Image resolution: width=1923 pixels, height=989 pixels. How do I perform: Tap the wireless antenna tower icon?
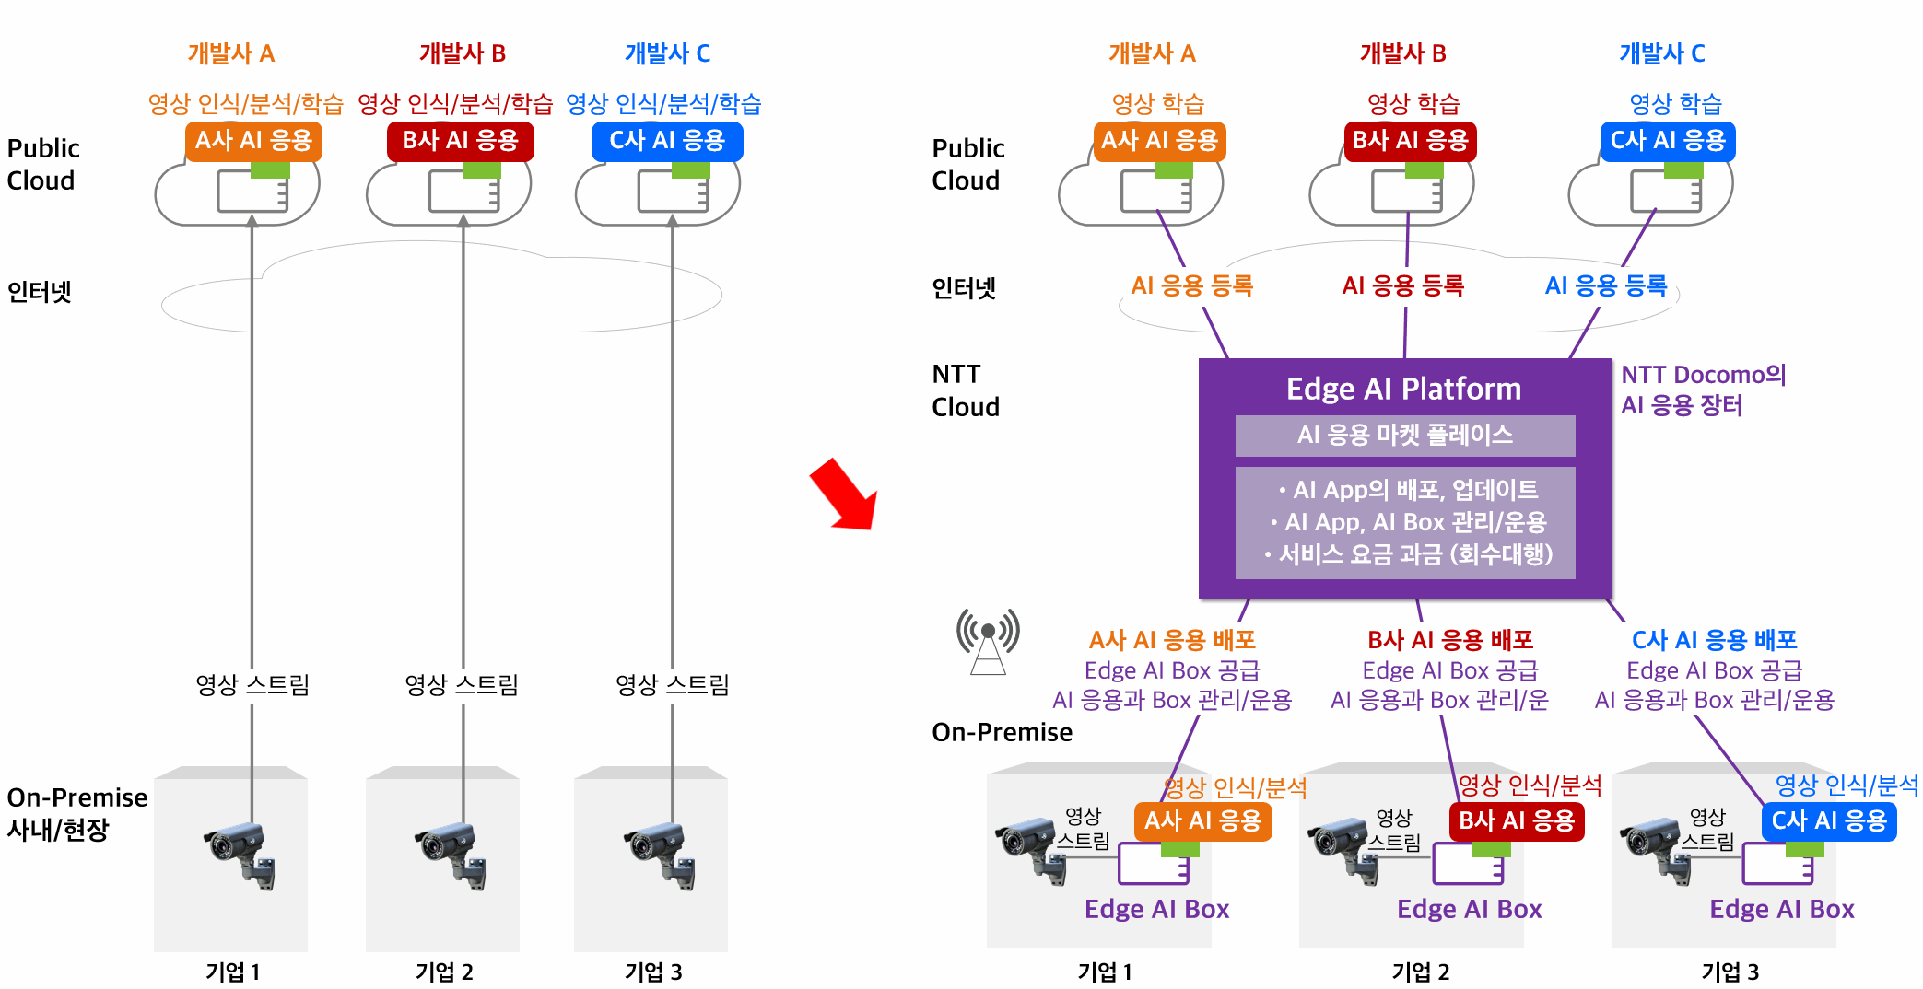click(x=988, y=641)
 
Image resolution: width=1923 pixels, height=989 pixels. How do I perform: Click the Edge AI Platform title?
click(x=1403, y=390)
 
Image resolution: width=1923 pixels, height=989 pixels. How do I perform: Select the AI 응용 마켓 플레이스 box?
click(x=1405, y=436)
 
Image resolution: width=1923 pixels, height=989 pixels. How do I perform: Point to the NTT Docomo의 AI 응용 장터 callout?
click(x=1704, y=390)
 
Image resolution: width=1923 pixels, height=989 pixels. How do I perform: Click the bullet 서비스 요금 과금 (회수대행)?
click(x=1409, y=554)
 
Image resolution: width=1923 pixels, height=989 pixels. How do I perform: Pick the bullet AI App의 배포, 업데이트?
click(x=1409, y=489)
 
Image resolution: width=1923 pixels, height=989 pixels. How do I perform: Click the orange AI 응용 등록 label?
click(x=1191, y=285)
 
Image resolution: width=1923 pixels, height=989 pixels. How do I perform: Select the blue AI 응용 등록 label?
click(x=1606, y=285)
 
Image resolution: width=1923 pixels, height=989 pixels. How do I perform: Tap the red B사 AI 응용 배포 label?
click(x=1450, y=639)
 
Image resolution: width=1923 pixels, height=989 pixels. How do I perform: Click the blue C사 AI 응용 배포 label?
click(x=1715, y=639)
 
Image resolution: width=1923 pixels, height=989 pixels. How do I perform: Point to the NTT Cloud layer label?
click(x=966, y=390)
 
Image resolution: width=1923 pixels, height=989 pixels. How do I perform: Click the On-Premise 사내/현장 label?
click(x=77, y=813)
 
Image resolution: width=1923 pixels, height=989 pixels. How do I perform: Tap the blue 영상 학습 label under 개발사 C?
click(x=1675, y=103)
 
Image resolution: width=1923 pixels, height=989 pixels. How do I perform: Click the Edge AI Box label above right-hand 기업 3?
click(x=1782, y=909)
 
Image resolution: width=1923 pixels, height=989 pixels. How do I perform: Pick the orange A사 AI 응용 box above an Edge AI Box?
click(x=1202, y=820)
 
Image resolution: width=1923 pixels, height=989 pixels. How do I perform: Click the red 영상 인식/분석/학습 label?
click(x=455, y=103)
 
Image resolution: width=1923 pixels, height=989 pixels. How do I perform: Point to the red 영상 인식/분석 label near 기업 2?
click(x=1530, y=785)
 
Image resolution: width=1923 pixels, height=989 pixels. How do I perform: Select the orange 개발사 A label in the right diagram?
click(x=1152, y=53)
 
